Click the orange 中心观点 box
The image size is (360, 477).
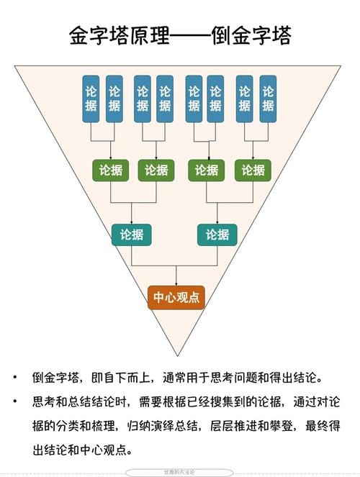pyautogui.click(x=176, y=297)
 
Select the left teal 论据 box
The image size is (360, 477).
pyautogui.click(x=132, y=234)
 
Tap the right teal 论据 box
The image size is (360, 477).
pyautogui.click(x=217, y=234)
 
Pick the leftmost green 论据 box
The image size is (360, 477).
pyautogui.click(x=110, y=171)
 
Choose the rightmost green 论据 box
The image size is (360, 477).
pyautogui.click(x=253, y=171)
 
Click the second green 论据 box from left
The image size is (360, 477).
pyautogui.click(x=156, y=171)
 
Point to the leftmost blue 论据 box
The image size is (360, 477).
pyautogui.click(x=91, y=99)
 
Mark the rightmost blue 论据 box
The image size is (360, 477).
pyautogui.click(x=268, y=99)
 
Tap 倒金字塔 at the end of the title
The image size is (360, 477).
pyautogui.click(x=253, y=34)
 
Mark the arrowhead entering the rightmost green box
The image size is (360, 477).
pyautogui.click(x=253, y=158)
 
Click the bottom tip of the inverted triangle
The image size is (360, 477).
pyautogui.click(x=176, y=355)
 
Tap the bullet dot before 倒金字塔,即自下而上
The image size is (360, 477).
pyautogui.click(x=15, y=377)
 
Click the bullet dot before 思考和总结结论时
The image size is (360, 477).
pyautogui.click(x=15, y=401)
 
